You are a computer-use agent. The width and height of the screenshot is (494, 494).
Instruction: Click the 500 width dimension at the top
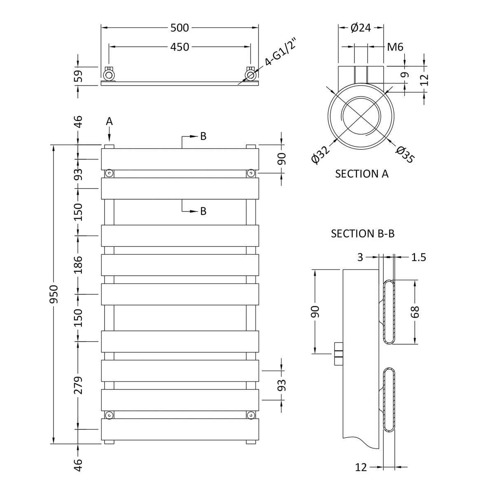coord(179,28)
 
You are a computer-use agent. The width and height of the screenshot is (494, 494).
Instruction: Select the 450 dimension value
coord(179,47)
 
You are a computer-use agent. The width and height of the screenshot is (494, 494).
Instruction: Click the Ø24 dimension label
coord(361,28)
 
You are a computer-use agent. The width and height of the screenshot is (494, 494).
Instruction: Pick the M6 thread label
coord(395,47)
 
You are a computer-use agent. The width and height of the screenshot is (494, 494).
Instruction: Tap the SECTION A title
coord(362,174)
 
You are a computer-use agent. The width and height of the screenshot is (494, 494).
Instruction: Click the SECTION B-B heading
coord(363,234)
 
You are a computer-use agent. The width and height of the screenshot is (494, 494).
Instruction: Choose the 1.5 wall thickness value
coord(418,258)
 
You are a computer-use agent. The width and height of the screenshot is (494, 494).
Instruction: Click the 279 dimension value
coord(79,385)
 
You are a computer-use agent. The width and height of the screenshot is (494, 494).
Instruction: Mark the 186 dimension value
coord(79,265)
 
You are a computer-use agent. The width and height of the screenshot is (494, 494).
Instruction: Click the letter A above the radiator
coord(109,121)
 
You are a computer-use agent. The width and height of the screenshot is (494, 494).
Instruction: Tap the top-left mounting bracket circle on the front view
coord(109,173)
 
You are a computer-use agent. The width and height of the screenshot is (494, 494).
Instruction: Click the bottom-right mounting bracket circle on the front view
coord(250,415)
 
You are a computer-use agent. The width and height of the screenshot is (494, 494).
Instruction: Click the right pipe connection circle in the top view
coord(250,75)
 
